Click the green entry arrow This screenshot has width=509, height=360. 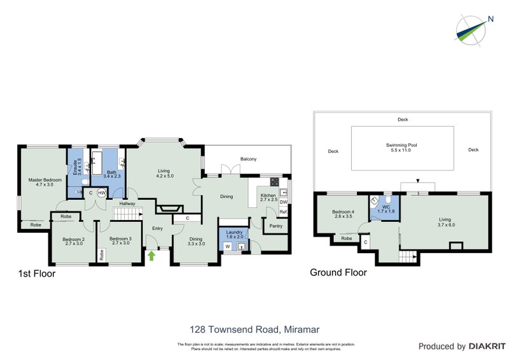pos(151,256)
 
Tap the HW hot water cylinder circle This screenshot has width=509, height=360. pos(102,193)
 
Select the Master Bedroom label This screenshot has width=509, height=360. pos(45,183)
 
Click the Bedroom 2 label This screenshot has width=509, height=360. pos(73,242)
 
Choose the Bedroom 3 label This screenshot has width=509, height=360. pos(121,242)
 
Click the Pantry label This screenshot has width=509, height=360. pos(276,226)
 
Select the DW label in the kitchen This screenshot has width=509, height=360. pos(284,202)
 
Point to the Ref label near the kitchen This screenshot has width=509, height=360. pos(284,212)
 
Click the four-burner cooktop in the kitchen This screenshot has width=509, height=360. pos(275,180)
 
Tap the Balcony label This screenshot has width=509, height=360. pos(248,159)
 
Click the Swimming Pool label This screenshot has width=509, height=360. pos(402,148)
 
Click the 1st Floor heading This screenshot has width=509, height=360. pos(36,274)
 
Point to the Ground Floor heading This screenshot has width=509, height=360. pos(338,272)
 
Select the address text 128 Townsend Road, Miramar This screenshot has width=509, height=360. pos(254,329)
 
